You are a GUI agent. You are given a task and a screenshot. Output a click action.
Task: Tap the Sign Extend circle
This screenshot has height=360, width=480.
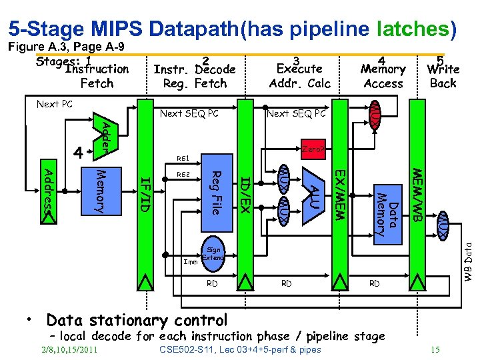click(x=213, y=254)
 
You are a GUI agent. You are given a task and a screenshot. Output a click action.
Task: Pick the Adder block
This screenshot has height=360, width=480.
click(x=104, y=134)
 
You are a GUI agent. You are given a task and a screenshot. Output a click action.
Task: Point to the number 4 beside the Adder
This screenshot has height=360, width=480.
click(x=78, y=153)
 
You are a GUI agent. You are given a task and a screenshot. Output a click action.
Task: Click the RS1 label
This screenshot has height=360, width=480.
click(x=183, y=159)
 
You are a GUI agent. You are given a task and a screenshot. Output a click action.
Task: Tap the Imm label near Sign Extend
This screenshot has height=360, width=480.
click(x=189, y=261)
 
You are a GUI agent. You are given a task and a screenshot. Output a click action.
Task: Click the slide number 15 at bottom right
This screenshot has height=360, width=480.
click(x=435, y=349)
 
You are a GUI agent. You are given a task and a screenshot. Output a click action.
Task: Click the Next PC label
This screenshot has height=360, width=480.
click(x=54, y=105)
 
